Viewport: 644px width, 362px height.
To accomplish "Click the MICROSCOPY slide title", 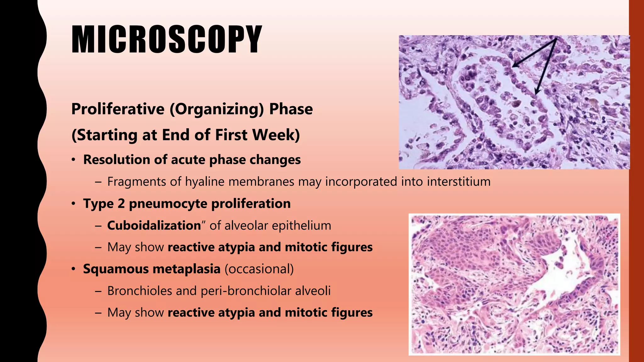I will tap(167, 40).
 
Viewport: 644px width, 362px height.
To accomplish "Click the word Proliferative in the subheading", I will tap(118, 109).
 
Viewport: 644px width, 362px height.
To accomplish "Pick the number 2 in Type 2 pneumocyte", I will tap(121, 204).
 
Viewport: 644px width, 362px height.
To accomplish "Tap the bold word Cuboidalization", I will tap(154, 226).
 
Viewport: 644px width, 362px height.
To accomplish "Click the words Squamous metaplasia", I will tap(152, 269).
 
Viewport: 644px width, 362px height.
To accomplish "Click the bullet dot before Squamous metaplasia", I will tap(73, 269).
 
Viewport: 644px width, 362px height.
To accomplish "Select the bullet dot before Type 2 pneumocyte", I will tap(73, 204).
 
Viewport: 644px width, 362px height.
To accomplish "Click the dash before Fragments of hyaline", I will tap(98, 182).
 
